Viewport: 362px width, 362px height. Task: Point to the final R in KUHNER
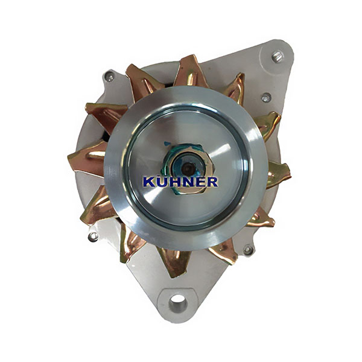[x=212, y=182]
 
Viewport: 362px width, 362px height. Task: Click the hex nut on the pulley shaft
[x=188, y=168]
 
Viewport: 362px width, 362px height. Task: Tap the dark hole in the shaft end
[x=187, y=168]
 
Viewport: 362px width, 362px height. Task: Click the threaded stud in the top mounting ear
[x=278, y=57]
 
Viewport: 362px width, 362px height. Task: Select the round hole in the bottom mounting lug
[x=178, y=302]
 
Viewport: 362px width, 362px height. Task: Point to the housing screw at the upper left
[x=109, y=77]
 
